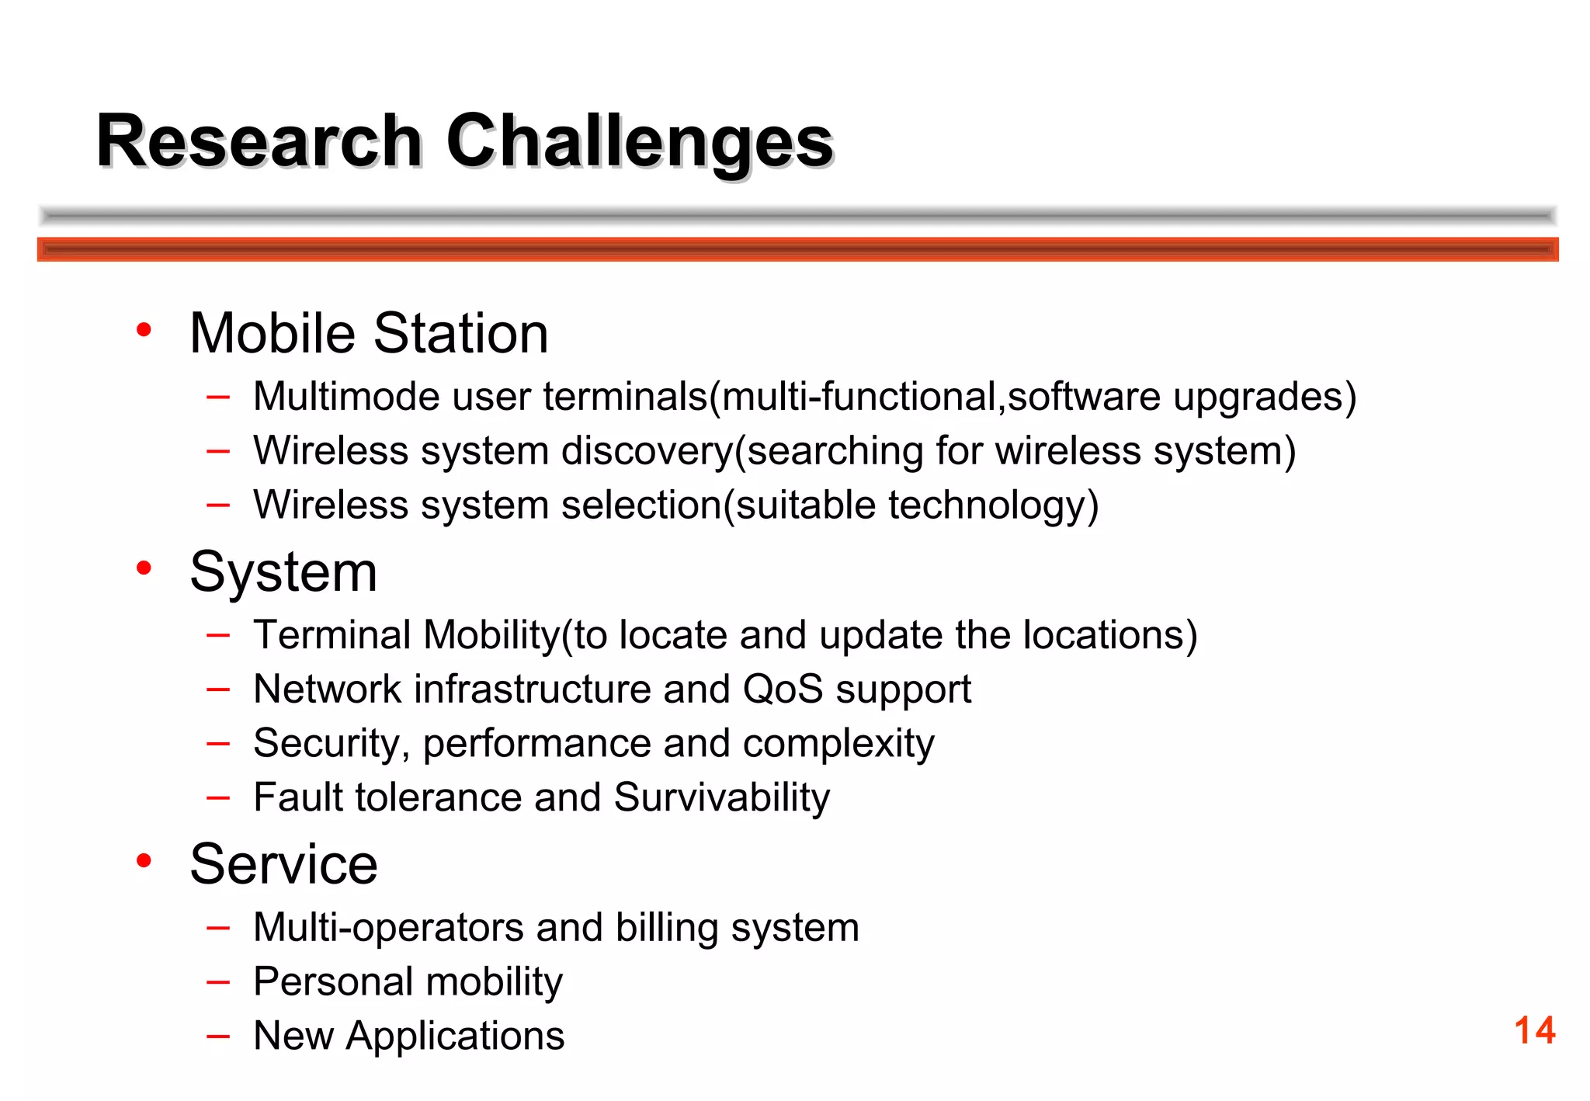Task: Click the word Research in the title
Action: tap(259, 141)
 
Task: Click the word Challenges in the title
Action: tap(639, 141)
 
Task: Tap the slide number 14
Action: tap(1534, 1031)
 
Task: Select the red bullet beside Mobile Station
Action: tap(144, 331)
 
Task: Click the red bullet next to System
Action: tap(144, 568)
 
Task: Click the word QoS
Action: tap(783, 689)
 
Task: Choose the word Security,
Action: tap(332, 744)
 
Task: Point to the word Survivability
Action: tap(722, 798)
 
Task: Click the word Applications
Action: tap(455, 1037)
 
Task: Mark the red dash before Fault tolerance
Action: tap(218, 797)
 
